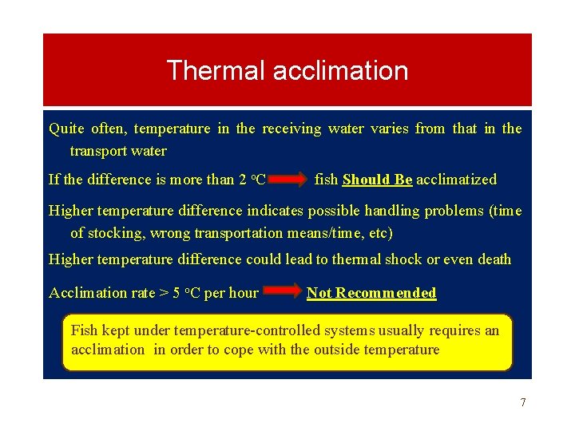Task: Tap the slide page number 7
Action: (x=523, y=402)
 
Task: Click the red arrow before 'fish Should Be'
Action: (x=290, y=180)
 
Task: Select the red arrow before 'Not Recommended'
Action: (x=282, y=293)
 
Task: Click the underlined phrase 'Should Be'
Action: (x=377, y=180)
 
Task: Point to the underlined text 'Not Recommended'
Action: (x=371, y=293)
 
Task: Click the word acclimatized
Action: (x=456, y=180)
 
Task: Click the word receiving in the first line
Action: (x=291, y=129)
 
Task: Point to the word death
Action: (x=491, y=259)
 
